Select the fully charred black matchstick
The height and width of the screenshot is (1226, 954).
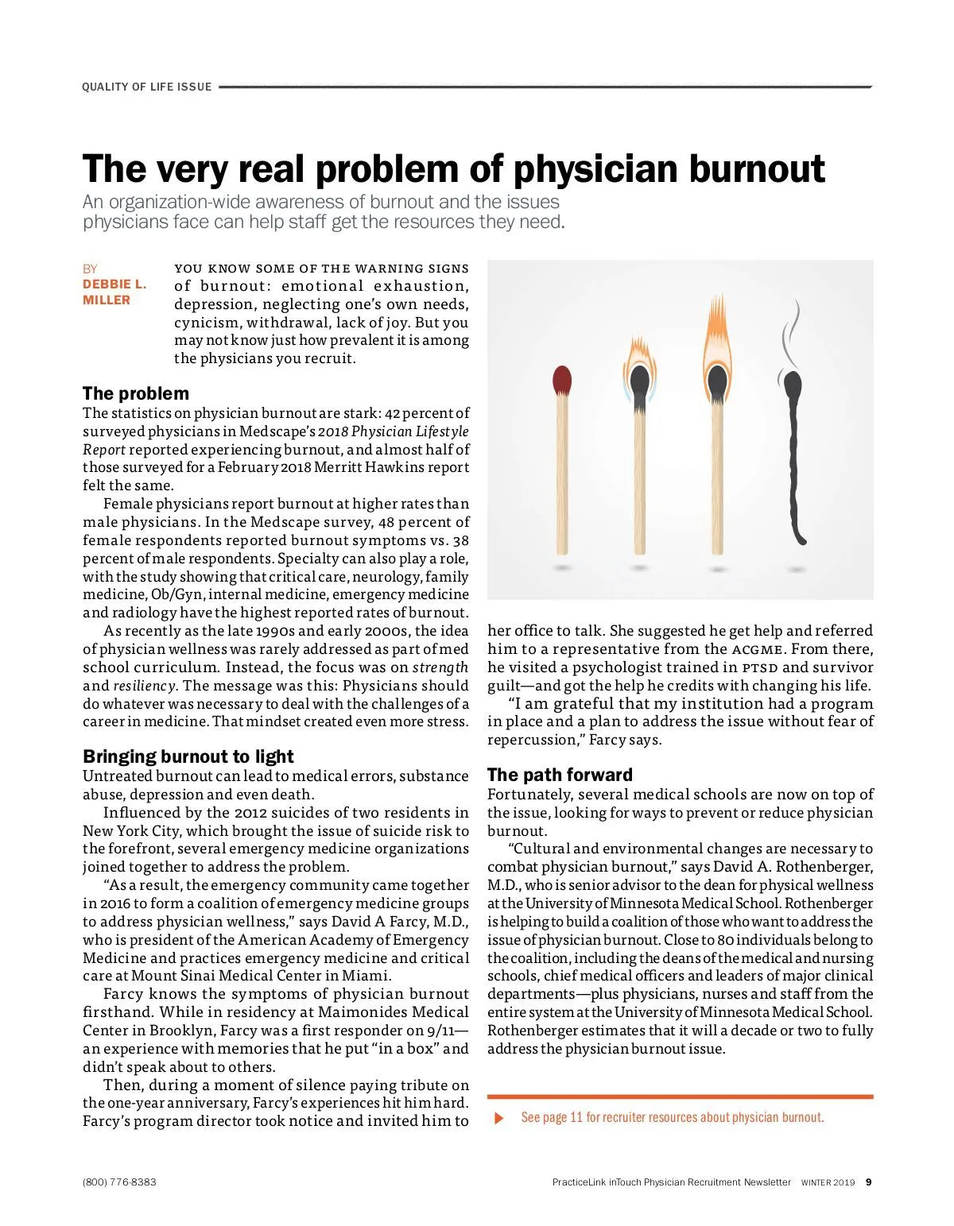793,461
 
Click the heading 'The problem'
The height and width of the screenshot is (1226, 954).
136,393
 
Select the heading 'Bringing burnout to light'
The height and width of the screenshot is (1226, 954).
188,756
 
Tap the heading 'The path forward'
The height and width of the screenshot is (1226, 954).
560,775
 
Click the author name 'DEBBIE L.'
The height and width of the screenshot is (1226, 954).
114,284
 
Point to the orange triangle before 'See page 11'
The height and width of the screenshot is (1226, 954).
499,1118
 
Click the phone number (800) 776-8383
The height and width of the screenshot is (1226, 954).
119,1182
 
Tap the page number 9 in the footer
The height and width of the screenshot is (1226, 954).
869,1182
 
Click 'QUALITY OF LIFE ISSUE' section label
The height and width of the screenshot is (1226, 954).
147,87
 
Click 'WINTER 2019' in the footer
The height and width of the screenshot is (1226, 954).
828,1182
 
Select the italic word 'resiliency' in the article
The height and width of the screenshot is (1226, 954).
144,686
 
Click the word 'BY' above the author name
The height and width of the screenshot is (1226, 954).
90,269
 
